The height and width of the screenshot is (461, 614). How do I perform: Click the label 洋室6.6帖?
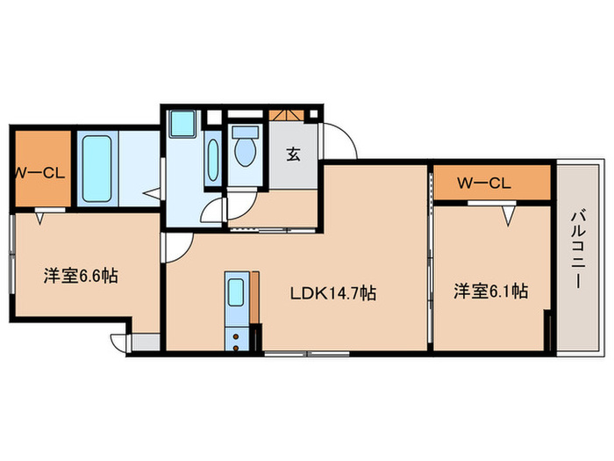click(x=82, y=276)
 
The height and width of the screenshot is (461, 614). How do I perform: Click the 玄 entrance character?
click(x=293, y=154)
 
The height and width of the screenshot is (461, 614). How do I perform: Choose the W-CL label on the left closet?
click(x=39, y=172)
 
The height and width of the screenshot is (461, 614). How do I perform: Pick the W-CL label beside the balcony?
click(x=484, y=183)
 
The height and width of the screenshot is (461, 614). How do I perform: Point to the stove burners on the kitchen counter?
click(x=236, y=335)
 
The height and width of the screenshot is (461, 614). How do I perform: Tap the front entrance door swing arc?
click(x=345, y=140)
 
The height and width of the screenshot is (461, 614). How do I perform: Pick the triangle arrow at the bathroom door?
click(x=152, y=191)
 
